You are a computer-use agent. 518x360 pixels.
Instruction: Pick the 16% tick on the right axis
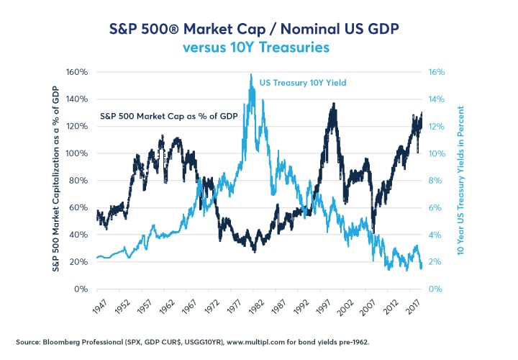[439, 72]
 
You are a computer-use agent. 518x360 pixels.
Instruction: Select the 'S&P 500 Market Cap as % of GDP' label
[159, 117]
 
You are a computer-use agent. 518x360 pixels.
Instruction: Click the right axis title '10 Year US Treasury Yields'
[459, 180]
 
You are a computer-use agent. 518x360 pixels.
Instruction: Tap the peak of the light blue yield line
[251, 75]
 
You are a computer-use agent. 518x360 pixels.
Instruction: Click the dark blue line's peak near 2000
[332, 104]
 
